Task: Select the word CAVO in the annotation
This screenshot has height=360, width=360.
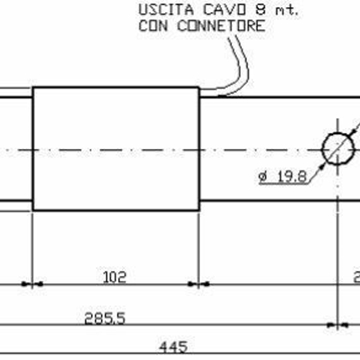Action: tap(211, 11)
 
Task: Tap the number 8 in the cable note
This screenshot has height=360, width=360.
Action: tap(241, 11)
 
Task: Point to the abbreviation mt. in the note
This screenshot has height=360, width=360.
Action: tap(262, 11)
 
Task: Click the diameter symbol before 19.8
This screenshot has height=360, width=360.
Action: tap(262, 179)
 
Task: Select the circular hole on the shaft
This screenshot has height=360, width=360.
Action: tap(338, 148)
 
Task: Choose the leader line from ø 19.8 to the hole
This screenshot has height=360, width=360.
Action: tap(315, 171)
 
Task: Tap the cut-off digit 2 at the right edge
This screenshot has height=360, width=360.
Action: tap(356, 276)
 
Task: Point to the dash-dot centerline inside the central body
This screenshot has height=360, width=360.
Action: tap(115, 149)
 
